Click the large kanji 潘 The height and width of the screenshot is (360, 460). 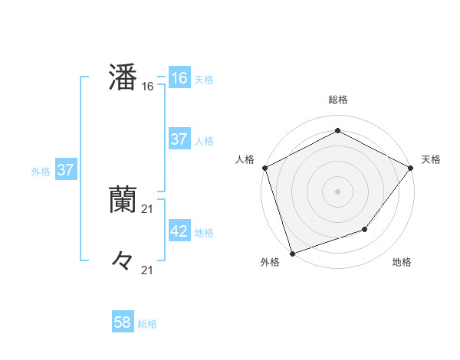(123, 78)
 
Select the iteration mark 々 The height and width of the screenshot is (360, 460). (123, 262)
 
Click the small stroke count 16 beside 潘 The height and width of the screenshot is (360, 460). (148, 87)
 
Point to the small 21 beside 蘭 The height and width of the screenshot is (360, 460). (148, 209)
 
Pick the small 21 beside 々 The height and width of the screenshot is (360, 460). (148, 270)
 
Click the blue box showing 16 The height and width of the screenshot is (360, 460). (179, 78)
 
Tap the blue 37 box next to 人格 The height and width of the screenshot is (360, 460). (179, 139)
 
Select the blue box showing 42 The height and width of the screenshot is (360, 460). (179, 231)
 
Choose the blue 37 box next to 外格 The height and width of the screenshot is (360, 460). (65, 170)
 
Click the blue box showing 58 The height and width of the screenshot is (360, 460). (123, 322)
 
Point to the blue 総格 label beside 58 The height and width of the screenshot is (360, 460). (147, 324)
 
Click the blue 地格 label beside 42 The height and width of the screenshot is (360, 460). (204, 233)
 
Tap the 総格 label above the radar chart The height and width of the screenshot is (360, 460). (337, 100)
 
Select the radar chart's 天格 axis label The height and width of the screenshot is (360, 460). (431, 159)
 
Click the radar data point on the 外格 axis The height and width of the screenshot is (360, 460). (293, 253)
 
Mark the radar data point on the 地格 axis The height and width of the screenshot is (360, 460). (365, 229)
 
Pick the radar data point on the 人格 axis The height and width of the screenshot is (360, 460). (265, 168)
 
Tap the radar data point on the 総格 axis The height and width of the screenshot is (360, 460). (337, 131)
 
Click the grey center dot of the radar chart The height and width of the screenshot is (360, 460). (337, 191)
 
